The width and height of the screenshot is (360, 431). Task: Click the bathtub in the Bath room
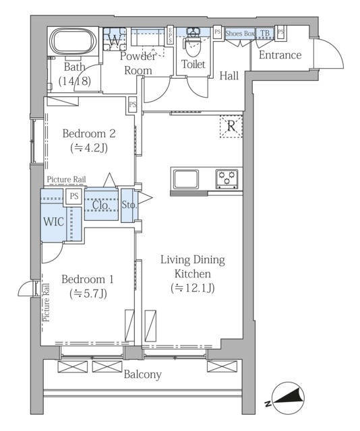73,41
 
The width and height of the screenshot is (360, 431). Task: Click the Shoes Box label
240,34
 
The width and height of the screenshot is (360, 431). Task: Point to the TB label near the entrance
265,33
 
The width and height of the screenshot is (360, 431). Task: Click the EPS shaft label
170,34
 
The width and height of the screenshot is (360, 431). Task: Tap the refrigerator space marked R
231,127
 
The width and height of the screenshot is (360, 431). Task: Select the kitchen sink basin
186,180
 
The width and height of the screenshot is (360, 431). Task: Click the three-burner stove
227,179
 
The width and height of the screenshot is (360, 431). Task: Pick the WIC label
54,222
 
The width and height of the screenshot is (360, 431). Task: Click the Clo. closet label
101,205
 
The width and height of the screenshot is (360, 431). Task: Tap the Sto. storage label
129,205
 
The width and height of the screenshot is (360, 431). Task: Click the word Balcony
142,374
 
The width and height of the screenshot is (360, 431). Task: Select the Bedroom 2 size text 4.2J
89,148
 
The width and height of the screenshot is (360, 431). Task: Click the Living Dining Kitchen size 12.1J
193,288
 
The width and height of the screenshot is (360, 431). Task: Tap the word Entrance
280,55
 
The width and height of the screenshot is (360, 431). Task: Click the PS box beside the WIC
73,196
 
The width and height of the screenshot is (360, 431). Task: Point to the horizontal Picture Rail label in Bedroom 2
66,180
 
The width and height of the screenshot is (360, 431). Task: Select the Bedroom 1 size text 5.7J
88,294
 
